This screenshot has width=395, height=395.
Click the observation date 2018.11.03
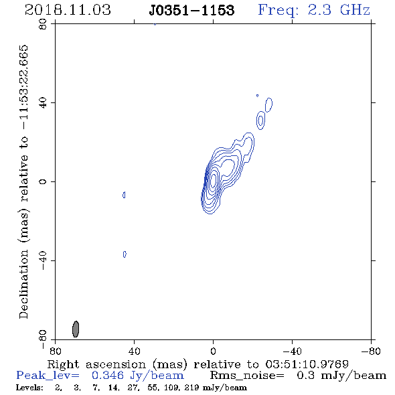coord(68,10)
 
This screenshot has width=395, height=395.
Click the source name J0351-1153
coord(191,10)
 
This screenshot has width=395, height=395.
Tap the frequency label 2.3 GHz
coord(339,10)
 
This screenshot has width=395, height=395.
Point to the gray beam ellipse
coord(76,329)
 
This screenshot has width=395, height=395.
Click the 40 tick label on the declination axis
coord(43,103)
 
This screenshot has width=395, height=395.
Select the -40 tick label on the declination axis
coord(43,260)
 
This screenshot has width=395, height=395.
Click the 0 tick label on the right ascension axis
coord(213,351)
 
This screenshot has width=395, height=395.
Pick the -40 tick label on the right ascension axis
coord(292,351)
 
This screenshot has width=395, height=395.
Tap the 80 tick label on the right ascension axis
coord(55,351)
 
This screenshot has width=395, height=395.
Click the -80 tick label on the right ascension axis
coord(371,351)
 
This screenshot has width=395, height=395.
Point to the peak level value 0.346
coord(108,376)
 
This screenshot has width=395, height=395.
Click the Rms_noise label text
coord(247,376)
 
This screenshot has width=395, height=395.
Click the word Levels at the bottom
coord(29,388)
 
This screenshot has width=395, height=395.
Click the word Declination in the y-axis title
coord(23,284)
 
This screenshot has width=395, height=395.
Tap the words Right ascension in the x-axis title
coord(96,364)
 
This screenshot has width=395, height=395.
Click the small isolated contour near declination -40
coord(125,254)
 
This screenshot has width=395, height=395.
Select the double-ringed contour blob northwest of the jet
coord(260,121)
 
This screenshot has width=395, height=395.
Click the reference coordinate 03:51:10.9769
coord(307,364)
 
